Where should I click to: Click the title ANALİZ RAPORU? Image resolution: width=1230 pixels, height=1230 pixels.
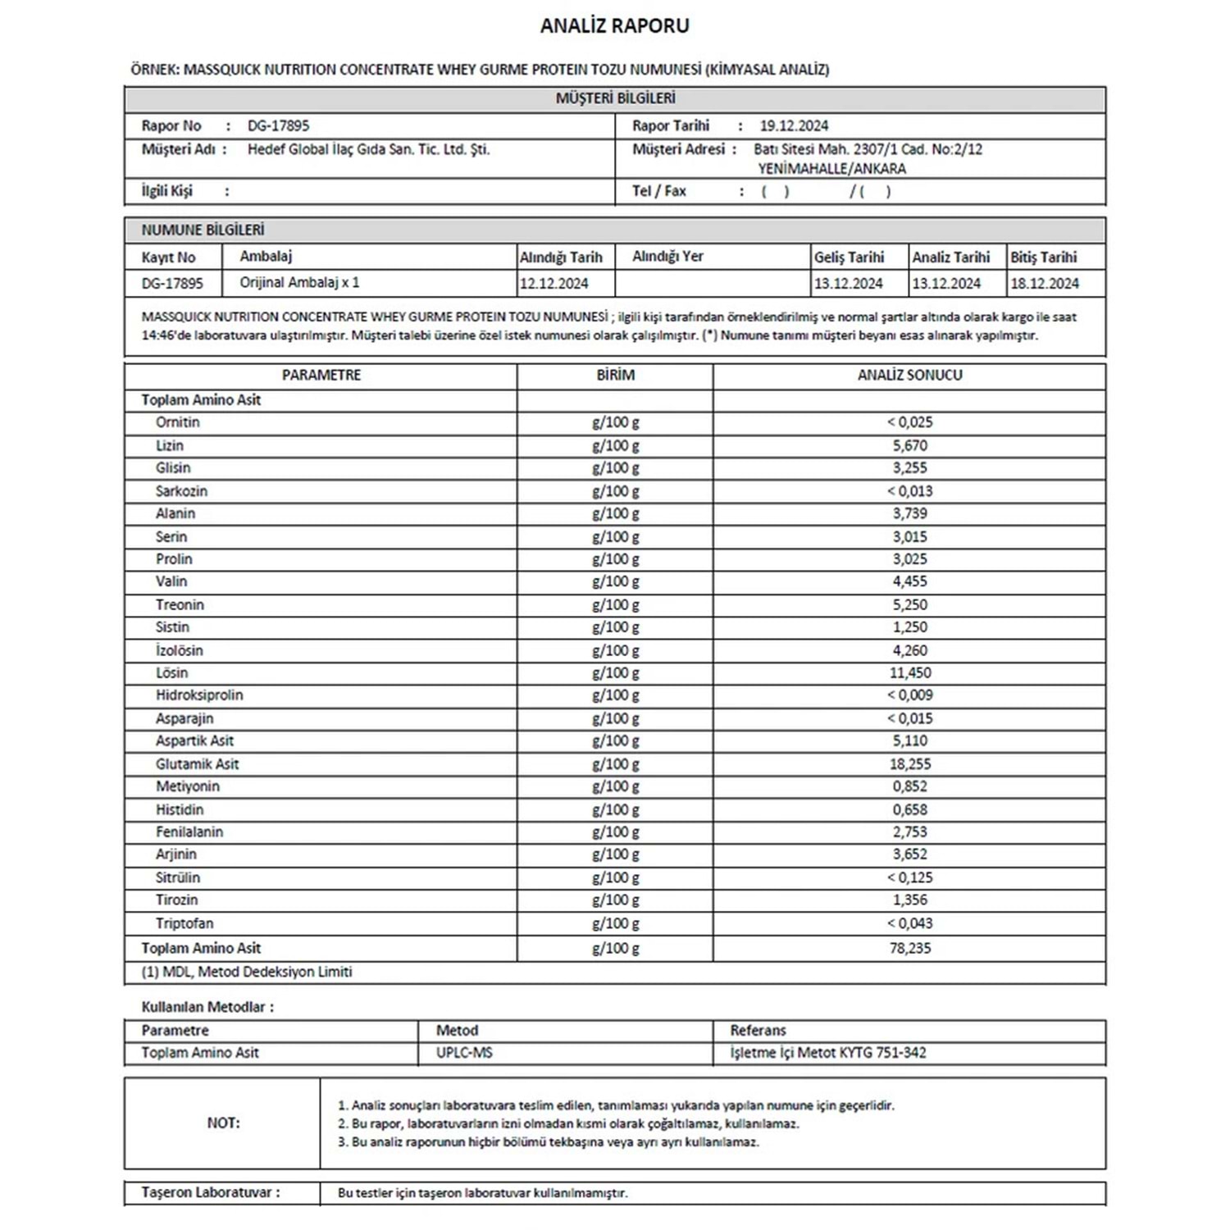614,26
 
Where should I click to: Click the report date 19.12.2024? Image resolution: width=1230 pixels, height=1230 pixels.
793,125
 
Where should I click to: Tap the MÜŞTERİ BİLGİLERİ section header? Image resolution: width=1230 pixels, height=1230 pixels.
615,98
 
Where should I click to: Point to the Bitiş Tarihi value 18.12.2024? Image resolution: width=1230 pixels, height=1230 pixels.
1044,284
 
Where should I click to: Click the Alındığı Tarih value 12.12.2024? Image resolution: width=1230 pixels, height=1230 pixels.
553,284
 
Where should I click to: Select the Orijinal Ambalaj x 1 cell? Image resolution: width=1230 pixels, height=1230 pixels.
299,282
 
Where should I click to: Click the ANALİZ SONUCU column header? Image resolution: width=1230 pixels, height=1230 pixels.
909,375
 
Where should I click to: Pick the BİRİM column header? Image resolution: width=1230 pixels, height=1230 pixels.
615,375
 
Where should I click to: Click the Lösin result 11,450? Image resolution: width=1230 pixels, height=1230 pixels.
909,672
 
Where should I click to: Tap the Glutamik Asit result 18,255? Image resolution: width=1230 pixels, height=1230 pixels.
909,763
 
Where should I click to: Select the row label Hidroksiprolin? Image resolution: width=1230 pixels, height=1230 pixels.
199,695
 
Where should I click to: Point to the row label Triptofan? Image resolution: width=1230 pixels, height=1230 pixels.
184,922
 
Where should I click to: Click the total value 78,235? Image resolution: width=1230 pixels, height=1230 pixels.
909,948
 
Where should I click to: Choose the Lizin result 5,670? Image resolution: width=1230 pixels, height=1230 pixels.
909,445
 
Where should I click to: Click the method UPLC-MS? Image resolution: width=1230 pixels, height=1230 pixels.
464,1052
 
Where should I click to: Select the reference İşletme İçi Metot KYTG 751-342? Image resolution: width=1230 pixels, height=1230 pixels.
828,1052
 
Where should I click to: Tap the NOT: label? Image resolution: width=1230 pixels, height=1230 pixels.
223,1123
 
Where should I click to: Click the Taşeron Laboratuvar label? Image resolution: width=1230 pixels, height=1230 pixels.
210,1192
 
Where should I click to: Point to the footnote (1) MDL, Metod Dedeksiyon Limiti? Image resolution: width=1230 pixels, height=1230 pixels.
246,972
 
